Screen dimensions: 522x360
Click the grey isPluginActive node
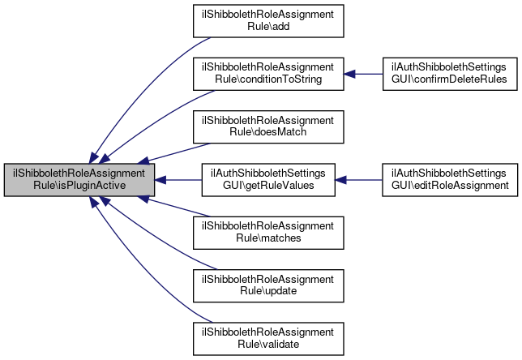(79, 180)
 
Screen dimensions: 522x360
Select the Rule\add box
(268, 21)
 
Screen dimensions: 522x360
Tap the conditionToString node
(268, 74)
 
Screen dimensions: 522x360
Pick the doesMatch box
(268, 126)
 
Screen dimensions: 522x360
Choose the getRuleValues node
(268, 180)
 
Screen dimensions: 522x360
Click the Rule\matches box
(268, 233)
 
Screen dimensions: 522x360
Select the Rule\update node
(268, 285)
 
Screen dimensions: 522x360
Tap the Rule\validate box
(268, 339)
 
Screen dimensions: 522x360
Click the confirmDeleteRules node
(450, 74)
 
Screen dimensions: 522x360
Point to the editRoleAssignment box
(450, 180)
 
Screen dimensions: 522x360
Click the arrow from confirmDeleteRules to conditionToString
(363, 74)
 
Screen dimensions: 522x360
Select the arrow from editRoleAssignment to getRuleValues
(358, 180)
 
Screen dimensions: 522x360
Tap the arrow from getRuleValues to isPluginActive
(178, 180)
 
